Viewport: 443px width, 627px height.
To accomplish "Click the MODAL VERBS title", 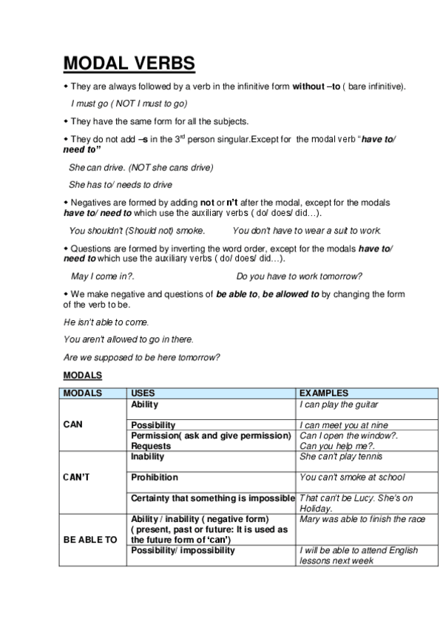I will [x=129, y=64].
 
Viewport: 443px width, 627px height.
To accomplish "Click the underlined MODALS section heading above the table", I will [x=82, y=376].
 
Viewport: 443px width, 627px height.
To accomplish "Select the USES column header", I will [x=143, y=393].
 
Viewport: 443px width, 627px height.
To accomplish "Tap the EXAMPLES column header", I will [x=323, y=393].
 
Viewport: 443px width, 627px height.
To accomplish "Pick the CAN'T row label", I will [x=77, y=478].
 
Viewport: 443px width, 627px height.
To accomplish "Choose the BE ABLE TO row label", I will [x=90, y=540].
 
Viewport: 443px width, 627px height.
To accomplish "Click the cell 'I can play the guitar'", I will [x=339, y=404].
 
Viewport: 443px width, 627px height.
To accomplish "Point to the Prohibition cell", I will [x=155, y=478].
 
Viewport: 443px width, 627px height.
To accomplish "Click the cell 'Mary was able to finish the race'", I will [x=362, y=519].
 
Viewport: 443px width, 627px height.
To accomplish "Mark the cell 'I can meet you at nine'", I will [x=343, y=425].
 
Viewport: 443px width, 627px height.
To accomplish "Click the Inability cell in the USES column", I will [x=147, y=457].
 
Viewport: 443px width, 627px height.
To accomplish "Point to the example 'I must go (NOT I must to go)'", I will [x=129, y=104].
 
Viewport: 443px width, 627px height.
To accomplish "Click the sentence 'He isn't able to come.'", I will [x=106, y=322].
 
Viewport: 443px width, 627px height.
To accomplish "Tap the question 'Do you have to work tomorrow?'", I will [x=299, y=276].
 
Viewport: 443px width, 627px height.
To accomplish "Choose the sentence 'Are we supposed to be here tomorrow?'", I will [x=142, y=358].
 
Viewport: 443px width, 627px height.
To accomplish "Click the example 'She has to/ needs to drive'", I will [x=121, y=184].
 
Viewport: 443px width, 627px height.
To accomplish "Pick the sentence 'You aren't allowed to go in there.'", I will [x=129, y=339].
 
